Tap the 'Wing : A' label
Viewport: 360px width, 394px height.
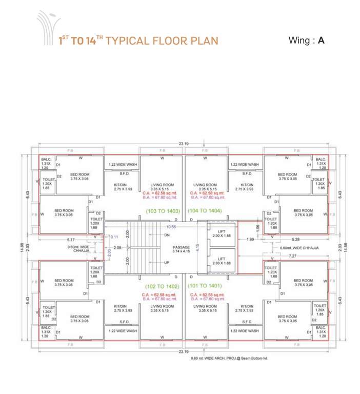[x=307, y=41]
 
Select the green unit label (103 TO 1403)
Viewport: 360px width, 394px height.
[x=163, y=211]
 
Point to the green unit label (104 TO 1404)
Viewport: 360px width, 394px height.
[x=205, y=211]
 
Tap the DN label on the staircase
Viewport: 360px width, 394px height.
[x=167, y=235]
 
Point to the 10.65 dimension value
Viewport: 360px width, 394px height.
[x=171, y=226]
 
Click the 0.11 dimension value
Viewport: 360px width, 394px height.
[x=114, y=237]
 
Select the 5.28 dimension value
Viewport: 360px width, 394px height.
[x=296, y=239]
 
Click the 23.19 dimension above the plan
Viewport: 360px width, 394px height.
[x=183, y=144]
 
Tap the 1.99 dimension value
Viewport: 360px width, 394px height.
[x=250, y=239]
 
